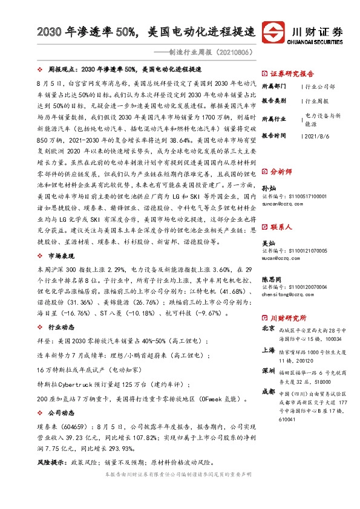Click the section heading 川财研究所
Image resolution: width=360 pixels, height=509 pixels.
pos(287,318)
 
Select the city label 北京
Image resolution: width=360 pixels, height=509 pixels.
pos(268,329)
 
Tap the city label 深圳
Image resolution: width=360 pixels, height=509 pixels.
pos(268,369)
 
